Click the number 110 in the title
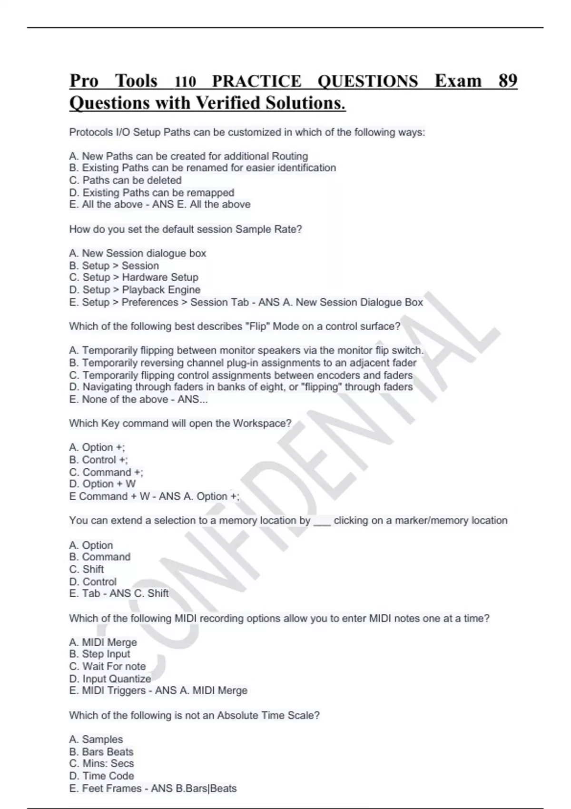(186, 82)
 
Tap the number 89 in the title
(508, 81)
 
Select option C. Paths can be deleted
(126, 180)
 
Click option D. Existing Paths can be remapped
(152, 193)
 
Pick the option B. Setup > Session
(114, 266)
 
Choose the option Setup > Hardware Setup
(134, 277)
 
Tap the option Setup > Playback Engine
(135, 290)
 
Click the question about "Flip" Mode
(235, 326)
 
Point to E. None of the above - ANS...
(138, 399)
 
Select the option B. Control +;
(98, 460)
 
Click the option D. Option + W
(102, 484)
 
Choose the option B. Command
(99, 557)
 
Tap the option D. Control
(93, 582)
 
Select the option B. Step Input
(99, 654)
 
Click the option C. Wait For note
(108, 666)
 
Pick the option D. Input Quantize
(110, 679)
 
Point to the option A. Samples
(96, 740)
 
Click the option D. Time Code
(101, 776)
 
